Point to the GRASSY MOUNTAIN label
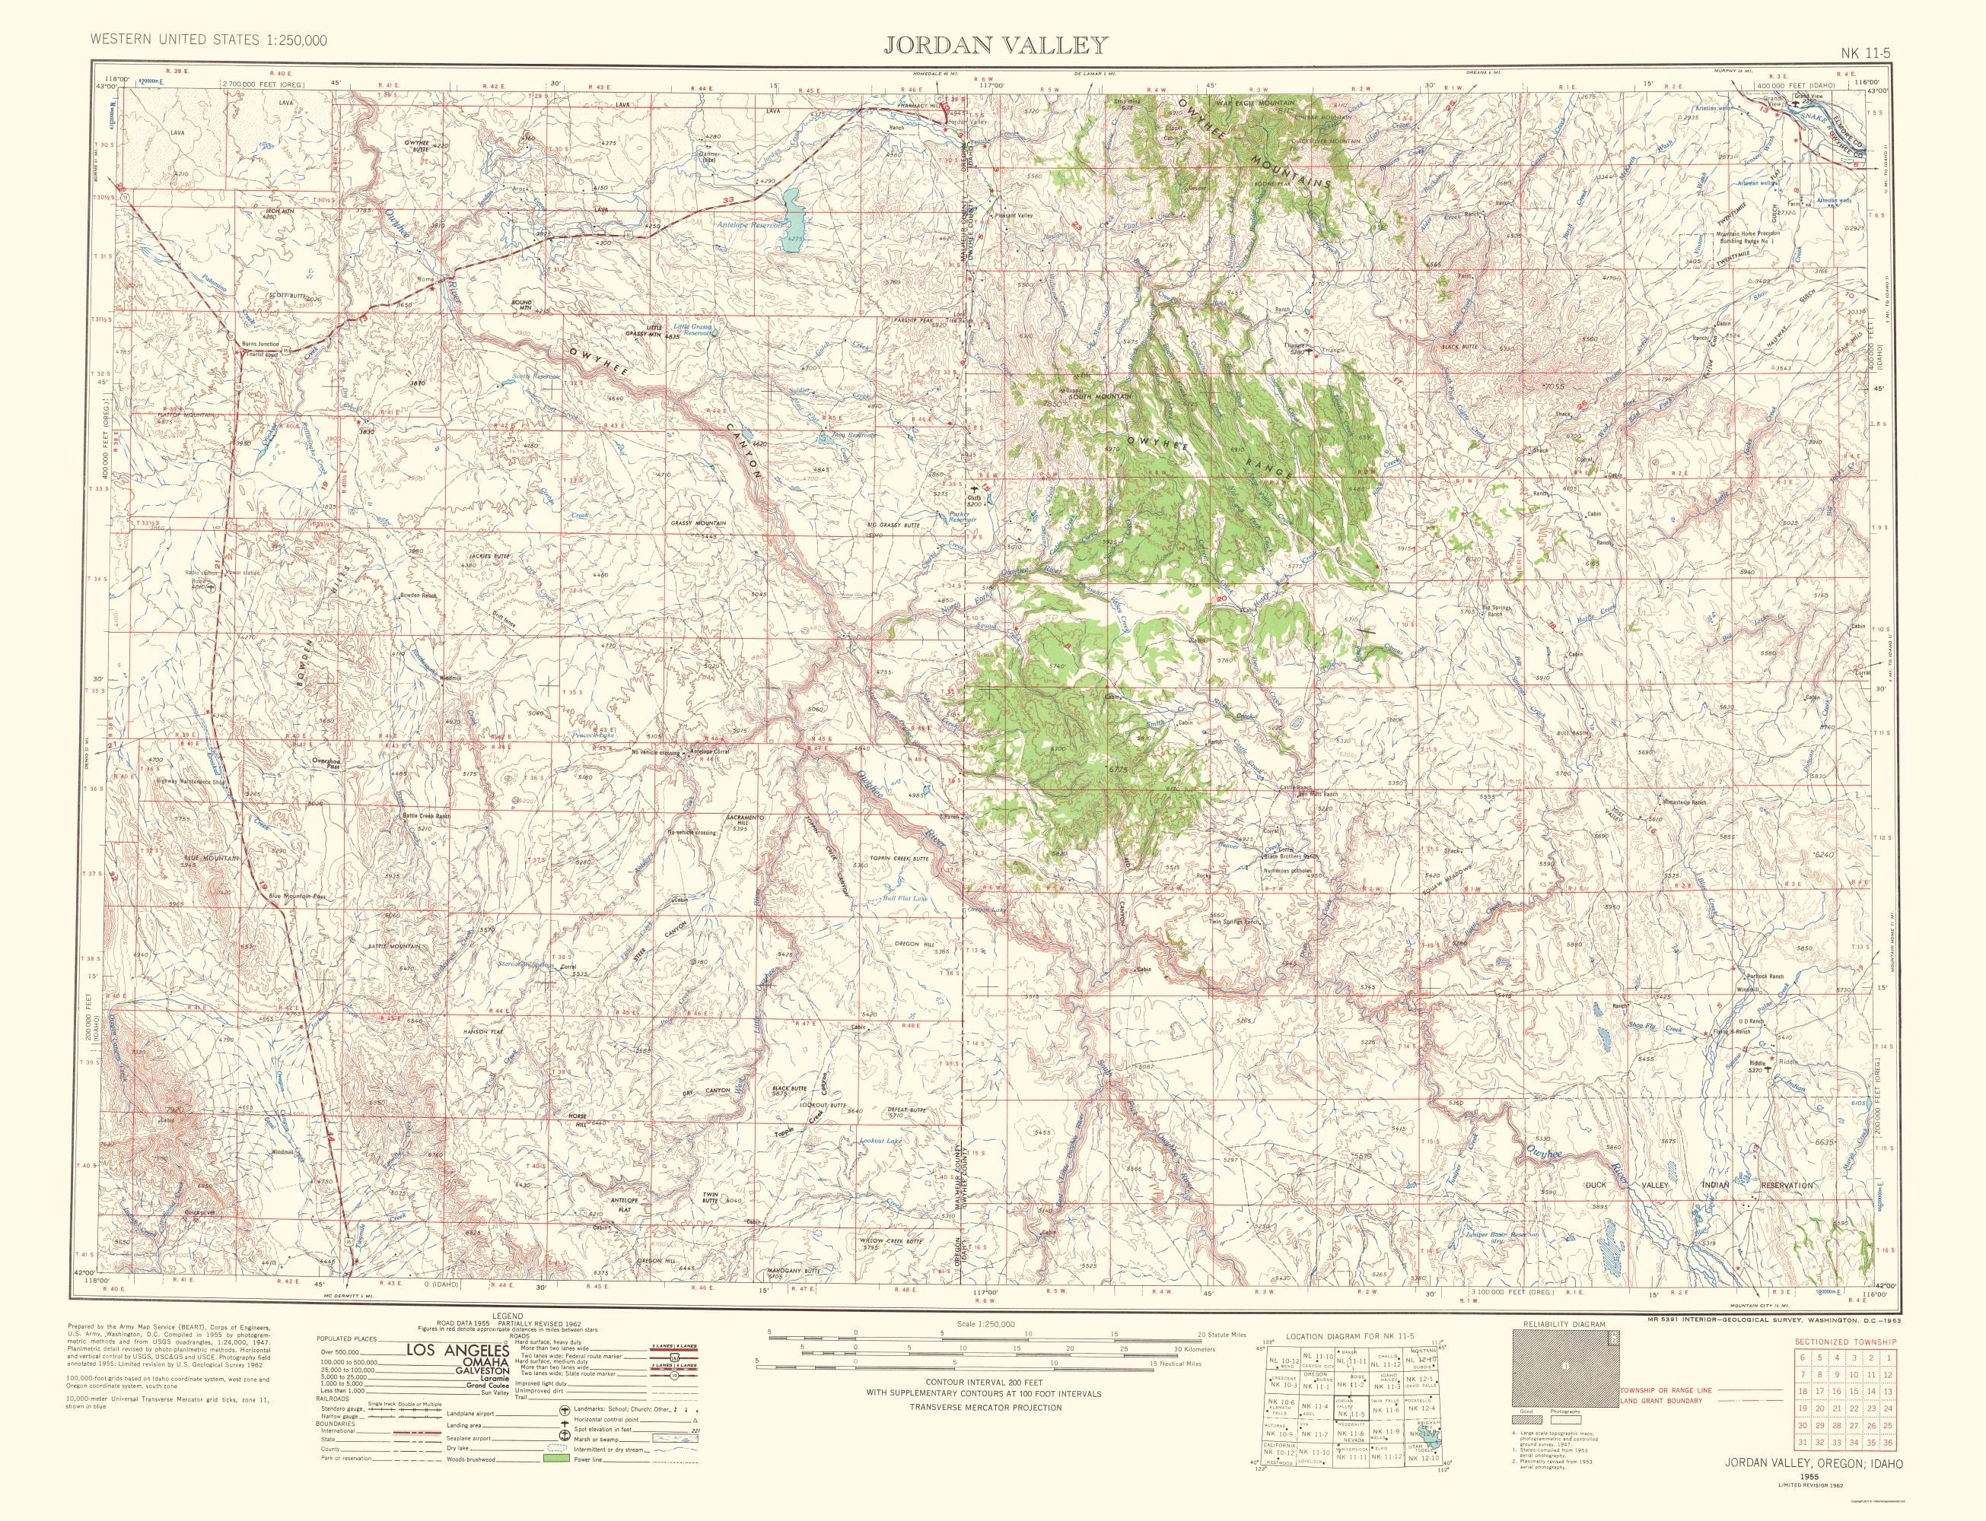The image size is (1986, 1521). pyautogui.click(x=699, y=523)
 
